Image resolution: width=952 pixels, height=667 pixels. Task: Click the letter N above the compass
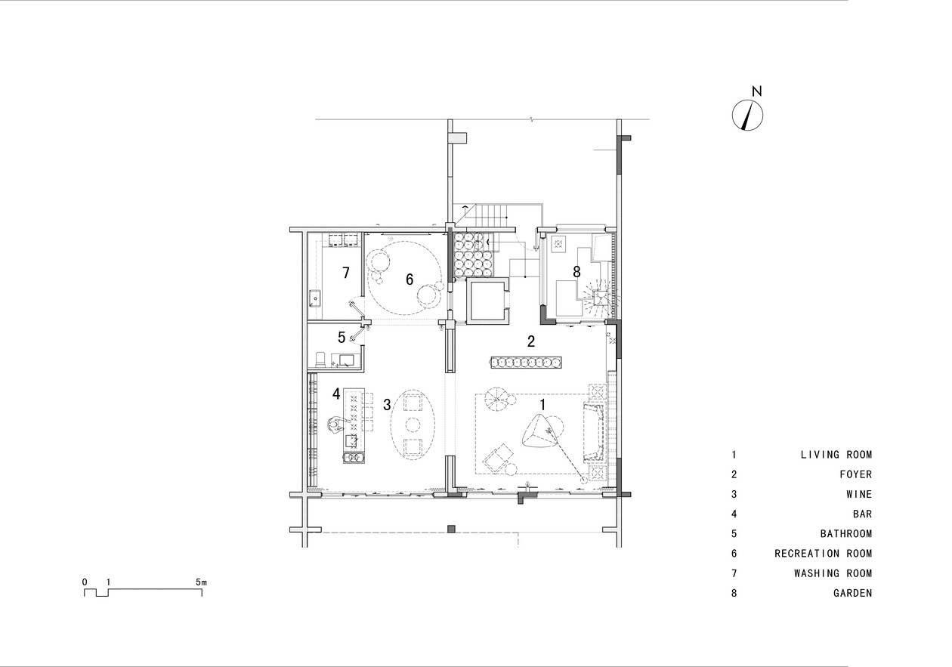[756, 91]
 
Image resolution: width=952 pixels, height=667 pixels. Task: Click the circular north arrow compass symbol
[747, 115]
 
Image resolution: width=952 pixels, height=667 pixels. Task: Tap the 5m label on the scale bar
[201, 582]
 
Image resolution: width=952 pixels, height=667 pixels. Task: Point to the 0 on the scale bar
[85, 582]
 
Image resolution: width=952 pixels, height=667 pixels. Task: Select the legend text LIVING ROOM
[836, 455]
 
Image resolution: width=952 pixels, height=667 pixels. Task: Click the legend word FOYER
[855, 474]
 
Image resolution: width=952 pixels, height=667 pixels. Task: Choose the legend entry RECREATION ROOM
[823, 554]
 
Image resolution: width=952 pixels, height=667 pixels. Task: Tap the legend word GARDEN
[852, 593]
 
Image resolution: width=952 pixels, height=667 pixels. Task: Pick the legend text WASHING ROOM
[833, 573]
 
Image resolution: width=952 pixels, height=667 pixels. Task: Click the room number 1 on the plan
[542, 405]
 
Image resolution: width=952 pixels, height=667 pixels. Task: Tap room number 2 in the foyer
[531, 341]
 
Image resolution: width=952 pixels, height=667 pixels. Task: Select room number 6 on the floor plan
[410, 279]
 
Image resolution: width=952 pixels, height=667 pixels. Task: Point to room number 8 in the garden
[576, 272]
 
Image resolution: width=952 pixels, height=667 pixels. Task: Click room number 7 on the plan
[346, 273]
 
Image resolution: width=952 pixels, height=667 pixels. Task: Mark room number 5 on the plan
[342, 338]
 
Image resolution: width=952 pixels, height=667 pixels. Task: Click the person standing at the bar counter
[337, 424]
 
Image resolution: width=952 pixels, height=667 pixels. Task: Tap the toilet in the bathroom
[320, 359]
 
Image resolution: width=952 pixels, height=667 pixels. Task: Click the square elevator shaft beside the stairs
[487, 301]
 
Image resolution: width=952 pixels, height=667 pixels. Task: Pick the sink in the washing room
[315, 298]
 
